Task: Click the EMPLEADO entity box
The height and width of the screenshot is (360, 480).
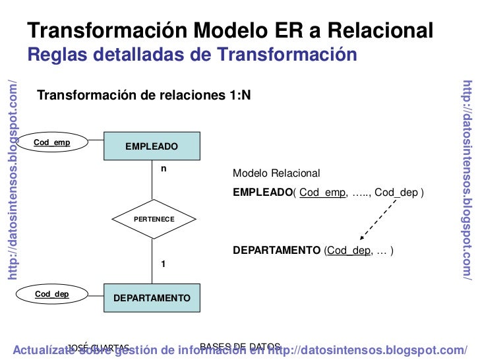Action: coord(152,146)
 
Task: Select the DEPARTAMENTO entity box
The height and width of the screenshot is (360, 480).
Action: coord(152,298)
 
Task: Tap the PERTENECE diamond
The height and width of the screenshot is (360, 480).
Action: coord(153,218)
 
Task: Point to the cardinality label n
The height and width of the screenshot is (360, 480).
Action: coord(164,169)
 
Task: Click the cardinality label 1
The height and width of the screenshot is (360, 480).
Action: coord(164,264)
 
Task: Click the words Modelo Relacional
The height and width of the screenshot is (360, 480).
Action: coord(276,173)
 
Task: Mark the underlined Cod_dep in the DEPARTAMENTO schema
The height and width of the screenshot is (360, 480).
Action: coord(349,251)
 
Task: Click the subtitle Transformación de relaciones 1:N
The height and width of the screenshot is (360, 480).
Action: coord(144,96)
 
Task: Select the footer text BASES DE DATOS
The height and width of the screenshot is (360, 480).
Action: coord(240,346)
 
